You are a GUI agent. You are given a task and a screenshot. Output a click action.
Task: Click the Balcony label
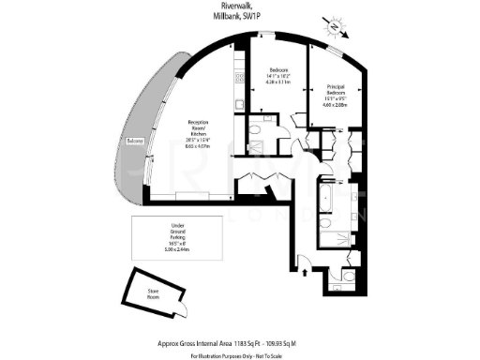pos(137,142)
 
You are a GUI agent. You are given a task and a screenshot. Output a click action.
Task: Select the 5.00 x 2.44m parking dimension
pos(182,250)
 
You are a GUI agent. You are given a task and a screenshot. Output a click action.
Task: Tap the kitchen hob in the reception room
pos(238,90)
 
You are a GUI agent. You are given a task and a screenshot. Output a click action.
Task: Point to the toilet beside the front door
pos(346,277)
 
